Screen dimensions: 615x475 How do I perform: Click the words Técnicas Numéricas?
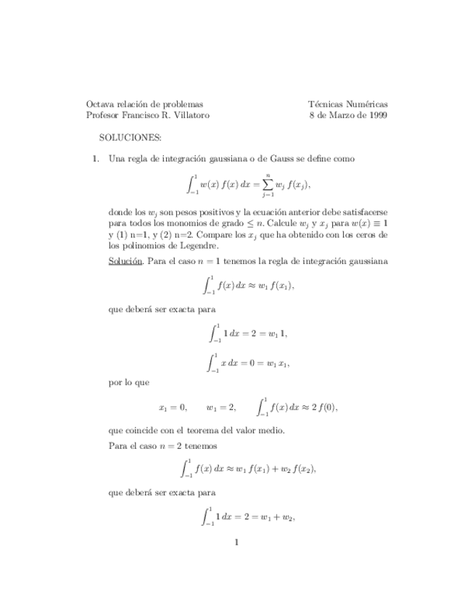[348, 104]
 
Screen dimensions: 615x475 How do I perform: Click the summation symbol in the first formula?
[268, 184]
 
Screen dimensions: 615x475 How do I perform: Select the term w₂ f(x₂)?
[297, 469]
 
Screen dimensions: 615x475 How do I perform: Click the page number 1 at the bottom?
[237, 541]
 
